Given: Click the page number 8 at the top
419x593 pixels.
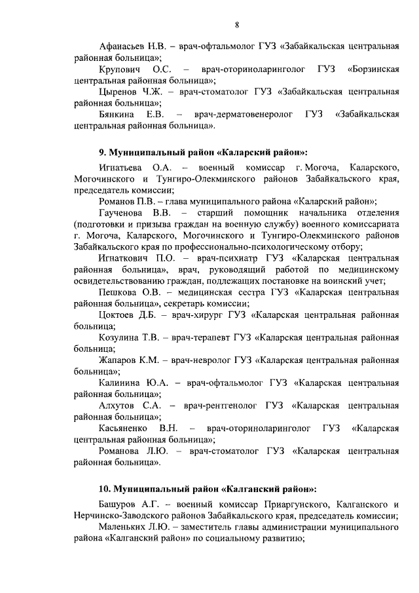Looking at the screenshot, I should click(x=236, y=25).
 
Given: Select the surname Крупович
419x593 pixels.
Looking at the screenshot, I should click(x=121, y=69).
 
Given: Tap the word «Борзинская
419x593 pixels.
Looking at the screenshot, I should click(x=373, y=69).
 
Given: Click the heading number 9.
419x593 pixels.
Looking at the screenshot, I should click(x=93, y=152).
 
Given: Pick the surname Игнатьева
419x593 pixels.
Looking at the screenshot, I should click(x=122, y=168).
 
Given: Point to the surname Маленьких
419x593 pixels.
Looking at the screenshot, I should click(x=125, y=527).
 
